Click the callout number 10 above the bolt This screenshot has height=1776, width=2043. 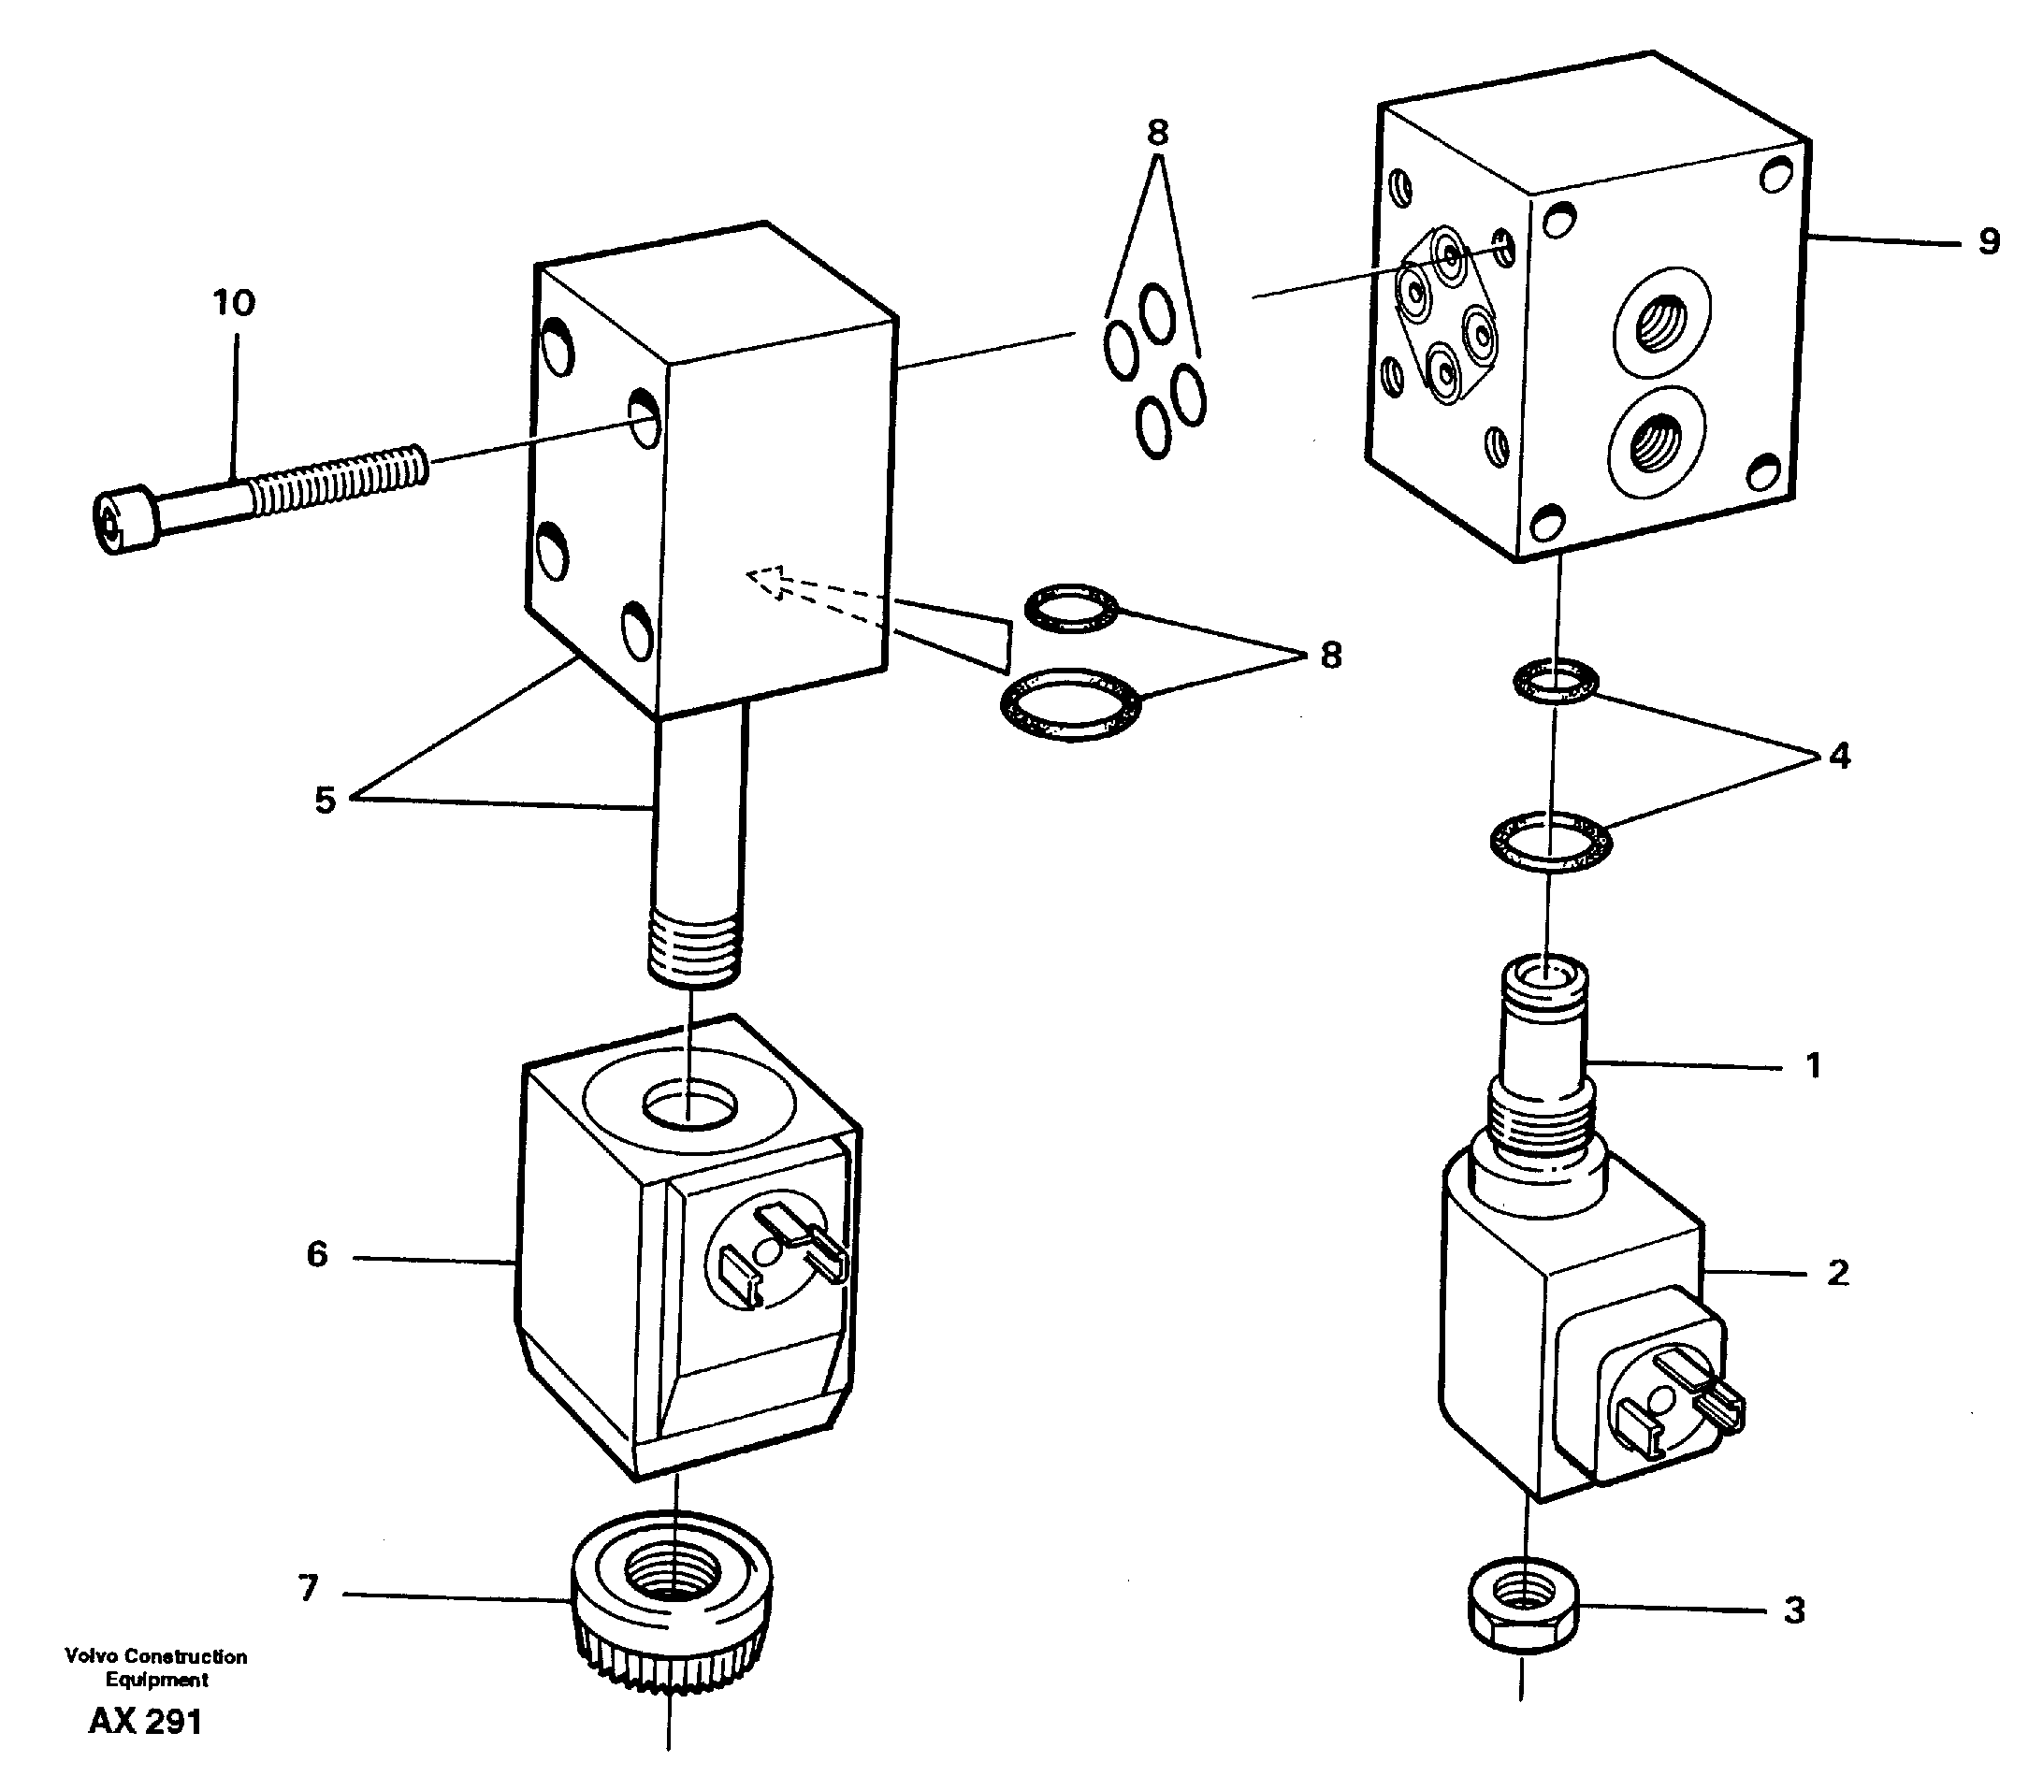click(234, 302)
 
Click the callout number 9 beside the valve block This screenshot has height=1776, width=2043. click(1989, 241)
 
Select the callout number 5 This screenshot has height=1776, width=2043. click(326, 800)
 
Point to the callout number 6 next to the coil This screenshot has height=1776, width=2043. click(317, 1254)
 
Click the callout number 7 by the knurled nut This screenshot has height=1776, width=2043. click(309, 1588)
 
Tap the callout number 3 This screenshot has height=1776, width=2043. click(1794, 1610)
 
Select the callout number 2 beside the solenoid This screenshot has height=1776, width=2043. click(1838, 1273)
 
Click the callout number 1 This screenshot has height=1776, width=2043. click(1812, 1065)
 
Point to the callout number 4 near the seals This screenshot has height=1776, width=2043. click(1839, 757)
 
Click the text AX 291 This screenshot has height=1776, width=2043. click(146, 1722)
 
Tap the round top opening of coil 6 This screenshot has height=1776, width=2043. click(690, 1103)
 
